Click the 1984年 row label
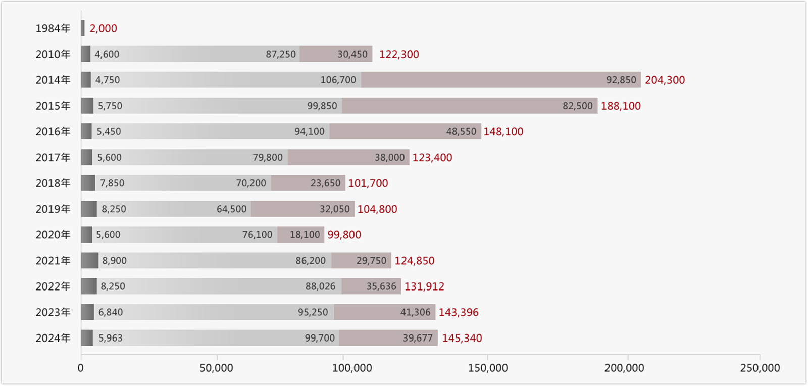(x=53, y=29)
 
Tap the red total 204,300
(x=665, y=80)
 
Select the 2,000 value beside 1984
(x=103, y=29)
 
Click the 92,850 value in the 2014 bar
(x=621, y=80)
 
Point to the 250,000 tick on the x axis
(x=760, y=368)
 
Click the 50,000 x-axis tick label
(x=216, y=368)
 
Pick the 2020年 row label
(x=53, y=235)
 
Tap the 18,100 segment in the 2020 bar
(x=301, y=235)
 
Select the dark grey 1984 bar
(x=83, y=28)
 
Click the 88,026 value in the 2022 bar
(x=320, y=286)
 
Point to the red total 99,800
(x=344, y=235)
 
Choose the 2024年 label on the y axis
(x=53, y=338)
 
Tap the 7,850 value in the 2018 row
(x=112, y=183)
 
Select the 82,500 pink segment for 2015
(x=470, y=106)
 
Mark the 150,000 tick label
(x=488, y=368)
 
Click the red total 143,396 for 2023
(x=458, y=312)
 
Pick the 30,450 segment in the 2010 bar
(x=336, y=54)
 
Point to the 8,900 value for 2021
(x=114, y=261)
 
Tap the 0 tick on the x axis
(x=81, y=368)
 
